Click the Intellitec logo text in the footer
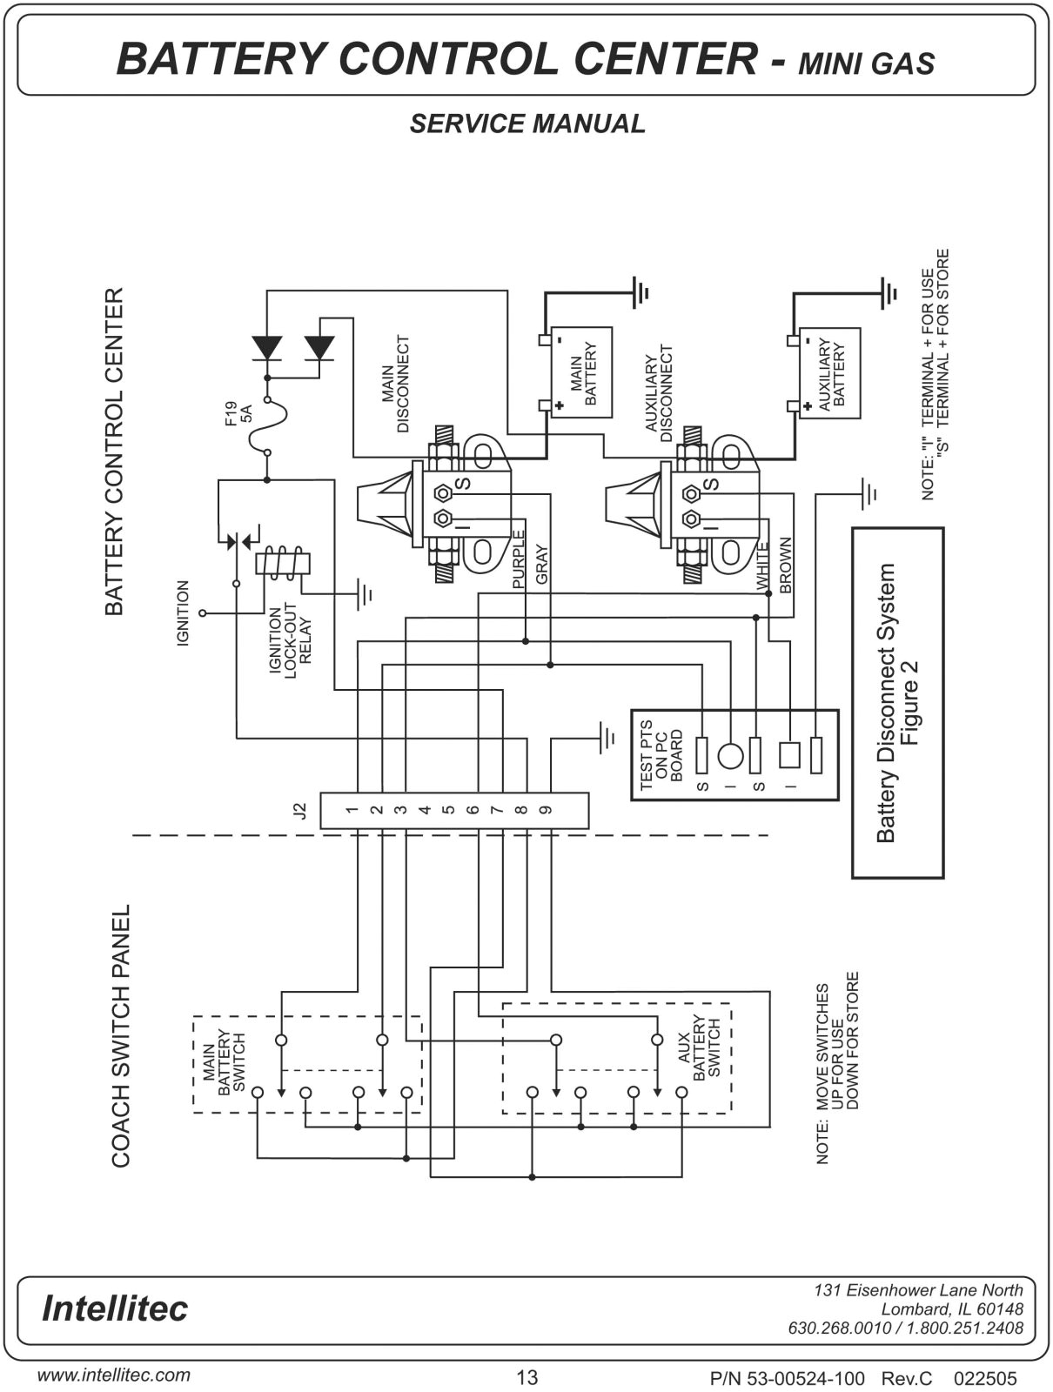click(114, 1308)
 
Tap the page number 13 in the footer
click(527, 1377)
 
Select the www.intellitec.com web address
click(113, 1375)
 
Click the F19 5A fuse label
click(238, 412)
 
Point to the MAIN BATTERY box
click(581, 372)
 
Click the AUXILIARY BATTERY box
click(830, 373)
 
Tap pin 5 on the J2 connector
click(448, 810)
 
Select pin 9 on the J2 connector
click(546, 810)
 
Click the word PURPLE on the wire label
click(519, 559)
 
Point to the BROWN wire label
click(786, 565)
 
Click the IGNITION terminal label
click(183, 613)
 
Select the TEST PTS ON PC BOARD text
click(661, 754)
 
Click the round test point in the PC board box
click(730, 754)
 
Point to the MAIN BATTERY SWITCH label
click(225, 1062)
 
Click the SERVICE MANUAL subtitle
click(527, 124)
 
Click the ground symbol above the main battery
click(641, 292)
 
